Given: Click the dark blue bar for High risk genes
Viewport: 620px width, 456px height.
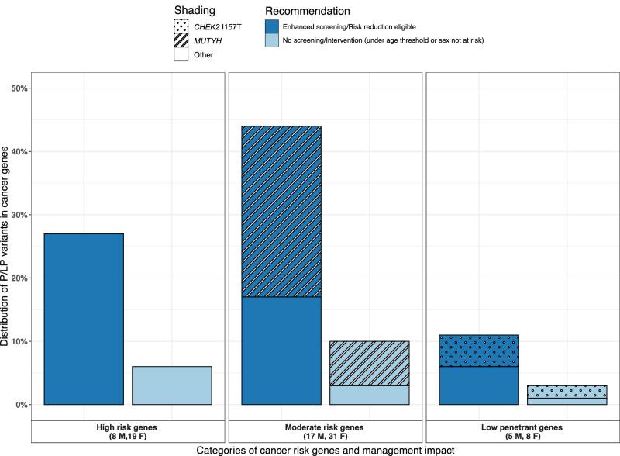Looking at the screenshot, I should (84, 319).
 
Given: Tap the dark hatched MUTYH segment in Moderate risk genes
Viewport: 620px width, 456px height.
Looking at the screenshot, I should (281, 211).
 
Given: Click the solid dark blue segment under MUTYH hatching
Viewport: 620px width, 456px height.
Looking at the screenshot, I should (281, 351).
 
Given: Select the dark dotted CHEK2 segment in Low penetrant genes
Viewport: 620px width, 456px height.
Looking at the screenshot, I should (478, 351).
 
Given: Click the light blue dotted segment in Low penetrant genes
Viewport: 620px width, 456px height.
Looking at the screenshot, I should (566, 391).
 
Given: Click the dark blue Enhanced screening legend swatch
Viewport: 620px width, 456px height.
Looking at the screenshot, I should (273, 26).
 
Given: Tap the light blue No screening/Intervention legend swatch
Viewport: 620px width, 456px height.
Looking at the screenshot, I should (273, 40).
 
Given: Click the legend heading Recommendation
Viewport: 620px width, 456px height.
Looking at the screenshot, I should (308, 11).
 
